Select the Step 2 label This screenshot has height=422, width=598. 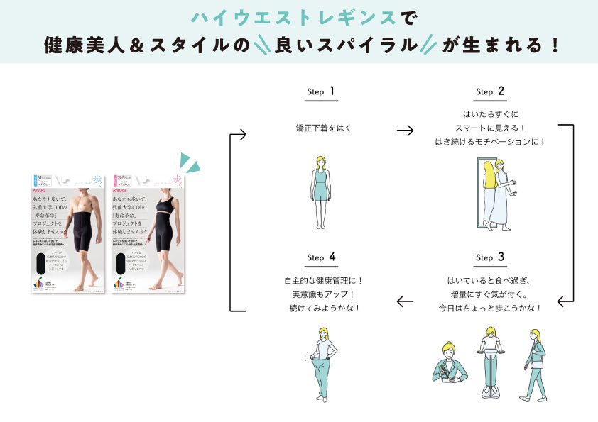(490, 91)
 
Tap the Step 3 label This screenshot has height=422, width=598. (490, 257)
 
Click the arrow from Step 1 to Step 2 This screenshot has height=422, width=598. (405, 131)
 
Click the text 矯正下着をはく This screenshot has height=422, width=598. (324, 129)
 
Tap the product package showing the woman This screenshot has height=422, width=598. (150, 233)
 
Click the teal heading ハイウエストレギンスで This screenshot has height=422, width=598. (298, 16)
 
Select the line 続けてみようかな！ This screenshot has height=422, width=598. (324, 308)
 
